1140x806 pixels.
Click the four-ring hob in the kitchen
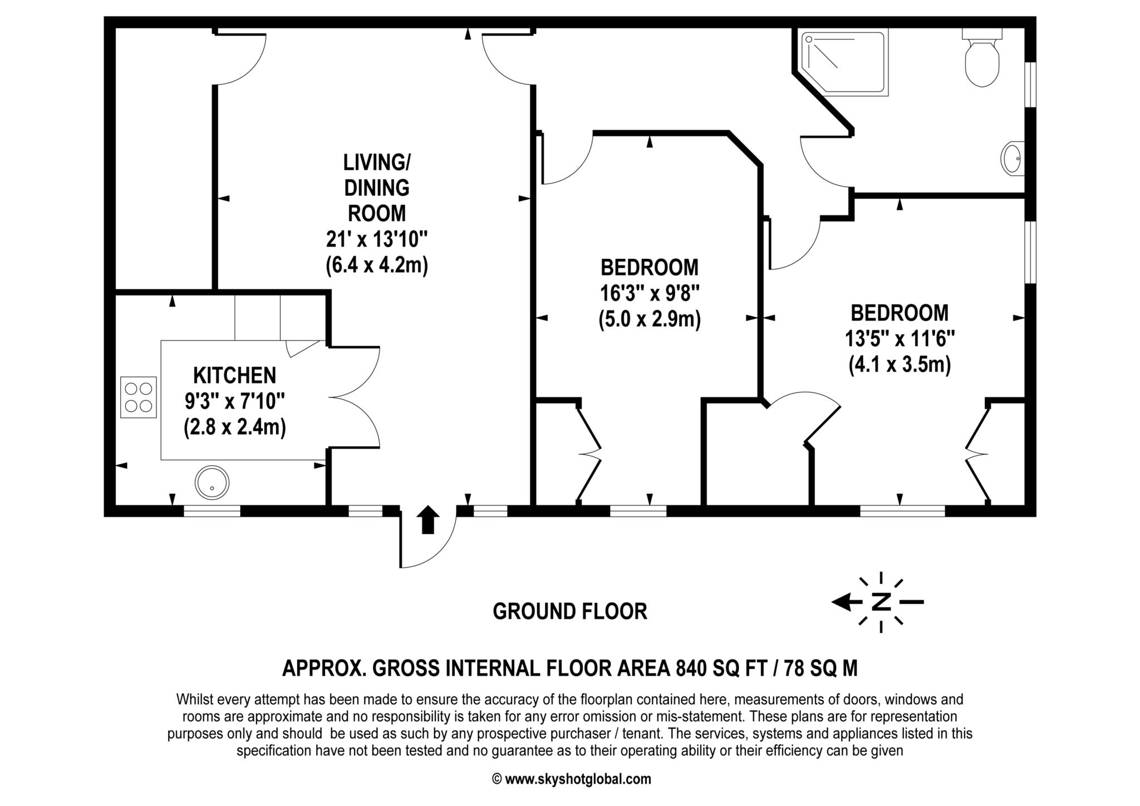coord(139,397)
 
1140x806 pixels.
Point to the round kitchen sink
coord(212,482)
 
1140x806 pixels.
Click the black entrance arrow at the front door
coord(427,520)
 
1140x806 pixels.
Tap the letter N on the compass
coord(881,602)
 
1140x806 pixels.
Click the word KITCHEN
coord(234,375)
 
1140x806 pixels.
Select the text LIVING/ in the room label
coord(377,163)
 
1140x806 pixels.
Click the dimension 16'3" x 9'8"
coord(649,293)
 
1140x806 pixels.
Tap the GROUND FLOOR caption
coord(570,611)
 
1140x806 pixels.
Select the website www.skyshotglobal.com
coord(578,779)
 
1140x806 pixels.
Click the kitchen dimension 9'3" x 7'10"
coord(234,401)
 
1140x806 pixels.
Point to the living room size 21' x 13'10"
coord(377,240)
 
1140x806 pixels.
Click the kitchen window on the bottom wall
coord(212,511)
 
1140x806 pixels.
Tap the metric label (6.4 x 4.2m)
coord(377,266)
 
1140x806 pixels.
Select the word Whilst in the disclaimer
coord(193,700)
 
